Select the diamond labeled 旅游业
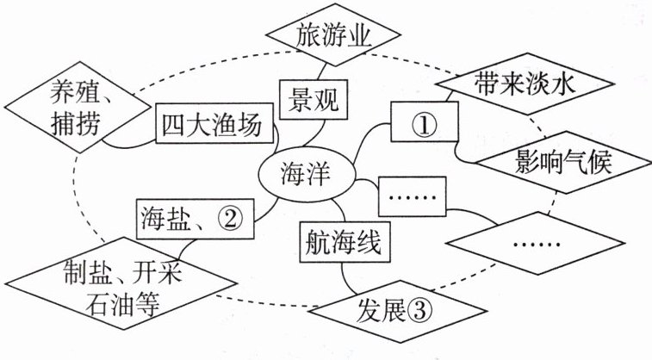(333, 37)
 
